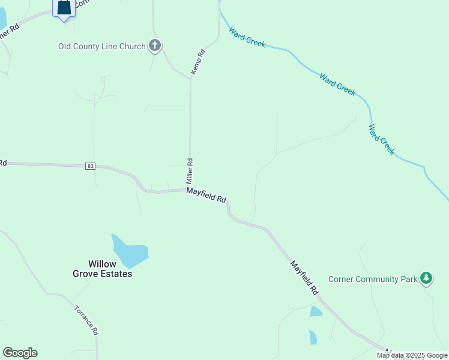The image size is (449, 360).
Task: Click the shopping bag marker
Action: (64, 8)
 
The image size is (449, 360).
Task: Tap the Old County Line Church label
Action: (102, 46)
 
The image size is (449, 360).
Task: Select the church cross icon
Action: (155, 46)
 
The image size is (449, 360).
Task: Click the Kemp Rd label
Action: (198, 62)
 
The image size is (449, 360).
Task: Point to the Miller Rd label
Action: (189, 171)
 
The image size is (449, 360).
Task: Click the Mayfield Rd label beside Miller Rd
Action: (206, 194)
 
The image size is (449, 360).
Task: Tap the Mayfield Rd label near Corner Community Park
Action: (304, 277)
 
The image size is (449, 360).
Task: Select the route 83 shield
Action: (90, 166)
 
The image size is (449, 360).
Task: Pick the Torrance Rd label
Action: (86, 320)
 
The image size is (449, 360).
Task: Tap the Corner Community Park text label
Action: (372, 279)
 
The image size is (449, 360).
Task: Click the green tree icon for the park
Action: (426, 278)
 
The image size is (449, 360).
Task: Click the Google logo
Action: (20, 353)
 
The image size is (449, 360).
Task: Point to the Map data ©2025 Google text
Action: (412, 355)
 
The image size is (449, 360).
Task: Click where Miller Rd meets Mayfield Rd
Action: (190, 190)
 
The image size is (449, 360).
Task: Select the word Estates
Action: (116, 274)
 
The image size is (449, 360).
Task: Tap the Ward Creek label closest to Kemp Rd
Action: (247, 37)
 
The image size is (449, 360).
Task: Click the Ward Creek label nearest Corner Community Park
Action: (382, 140)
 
